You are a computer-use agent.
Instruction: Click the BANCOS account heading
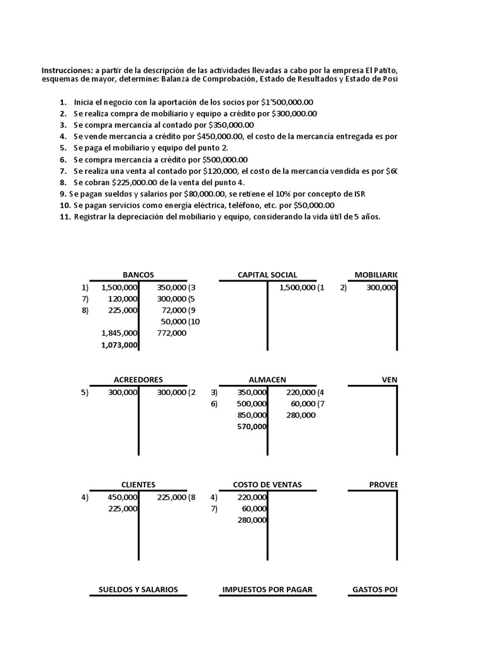(x=138, y=275)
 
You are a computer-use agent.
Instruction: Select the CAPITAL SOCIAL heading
(x=267, y=275)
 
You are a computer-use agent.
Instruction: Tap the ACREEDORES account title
(x=138, y=380)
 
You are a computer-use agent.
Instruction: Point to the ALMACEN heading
(x=267, y=380)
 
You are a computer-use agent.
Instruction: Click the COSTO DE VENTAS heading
(x=267, y=484)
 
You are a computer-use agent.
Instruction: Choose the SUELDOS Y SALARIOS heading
(x=138, y=590)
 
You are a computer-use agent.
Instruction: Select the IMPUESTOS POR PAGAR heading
(x=267, y=590)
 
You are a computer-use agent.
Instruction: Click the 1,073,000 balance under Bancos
(x=119, y=345)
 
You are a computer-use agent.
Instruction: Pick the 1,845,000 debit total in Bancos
(x=119, y=333)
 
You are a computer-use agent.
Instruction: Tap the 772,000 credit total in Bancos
(x=172, y=333)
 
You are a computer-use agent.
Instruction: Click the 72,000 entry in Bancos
(x=174, y=310)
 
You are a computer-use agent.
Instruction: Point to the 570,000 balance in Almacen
(x=251, y=426)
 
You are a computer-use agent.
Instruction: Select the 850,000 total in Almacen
(x=251, y=415)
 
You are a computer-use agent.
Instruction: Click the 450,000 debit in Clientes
(x=123, y=497)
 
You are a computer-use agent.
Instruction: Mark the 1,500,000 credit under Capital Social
(x=294, y=287)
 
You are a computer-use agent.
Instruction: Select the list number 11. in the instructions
(x=65, y=217)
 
